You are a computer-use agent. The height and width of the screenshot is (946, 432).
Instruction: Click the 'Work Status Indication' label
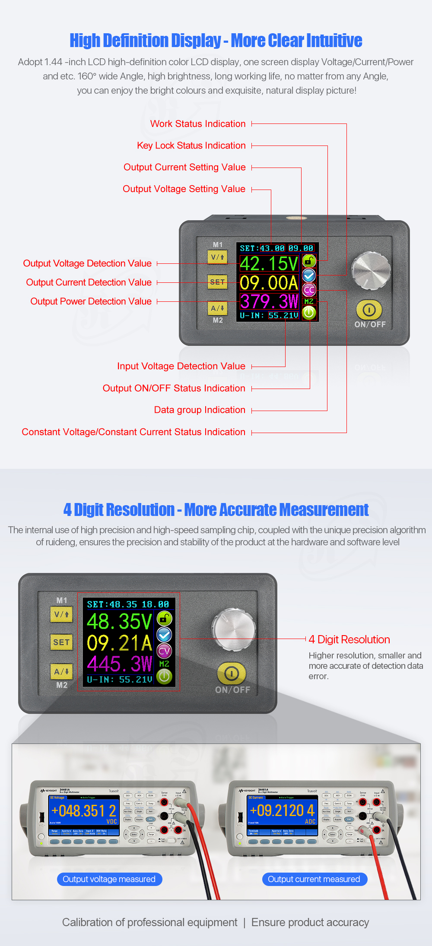tap(198, 124)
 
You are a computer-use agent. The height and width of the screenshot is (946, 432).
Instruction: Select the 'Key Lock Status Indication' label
tap(191, 146)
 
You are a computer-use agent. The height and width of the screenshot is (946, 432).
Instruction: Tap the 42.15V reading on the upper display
tap(269, 263)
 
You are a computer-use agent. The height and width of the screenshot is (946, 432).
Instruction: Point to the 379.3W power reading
tap(269, 301)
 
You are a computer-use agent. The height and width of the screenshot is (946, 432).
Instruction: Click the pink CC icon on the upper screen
tap(309, 290)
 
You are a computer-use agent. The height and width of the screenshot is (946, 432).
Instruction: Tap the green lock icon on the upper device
tap(309, 261)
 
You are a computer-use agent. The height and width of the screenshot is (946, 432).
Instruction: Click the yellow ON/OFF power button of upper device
tap(369, 310)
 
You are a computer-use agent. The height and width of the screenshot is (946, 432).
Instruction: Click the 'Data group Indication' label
tap(200, 410)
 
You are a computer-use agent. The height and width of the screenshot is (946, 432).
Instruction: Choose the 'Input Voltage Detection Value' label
tap(181, 367)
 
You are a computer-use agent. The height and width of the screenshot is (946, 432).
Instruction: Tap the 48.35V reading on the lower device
tap(119, 622)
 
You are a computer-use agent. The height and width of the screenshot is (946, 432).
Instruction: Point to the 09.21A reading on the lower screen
tap(119, 643)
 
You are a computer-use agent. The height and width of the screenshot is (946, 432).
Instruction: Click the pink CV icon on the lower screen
tap(164, 651)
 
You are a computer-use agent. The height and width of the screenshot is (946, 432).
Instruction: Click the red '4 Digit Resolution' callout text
tap(349, 639)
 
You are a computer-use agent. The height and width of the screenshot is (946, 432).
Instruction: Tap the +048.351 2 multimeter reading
tap(83, 811)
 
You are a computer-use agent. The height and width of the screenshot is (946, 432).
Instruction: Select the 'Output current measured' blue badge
tap(314, 879)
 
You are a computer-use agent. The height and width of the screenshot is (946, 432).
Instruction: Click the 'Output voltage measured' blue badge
tap(109, 879)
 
